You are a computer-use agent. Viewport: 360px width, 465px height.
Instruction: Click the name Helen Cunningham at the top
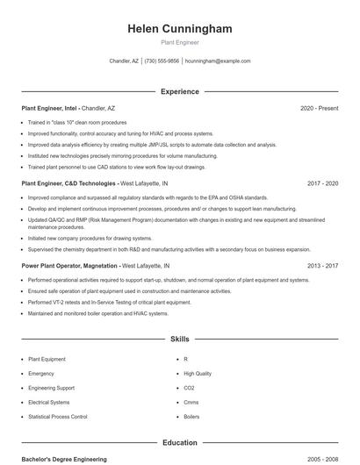pos(180,29)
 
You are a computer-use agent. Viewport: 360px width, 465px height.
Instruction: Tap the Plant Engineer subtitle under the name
pos(180,42)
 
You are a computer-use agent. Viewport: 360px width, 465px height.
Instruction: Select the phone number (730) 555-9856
pos(162,61)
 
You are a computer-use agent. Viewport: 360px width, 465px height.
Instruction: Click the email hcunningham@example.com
pos(218,61)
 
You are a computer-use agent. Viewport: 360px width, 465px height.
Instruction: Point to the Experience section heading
pos(180,91)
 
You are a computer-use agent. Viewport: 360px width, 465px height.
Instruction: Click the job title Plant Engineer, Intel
pos(49,108)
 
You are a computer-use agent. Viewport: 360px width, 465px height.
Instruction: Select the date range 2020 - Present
pos(319,108)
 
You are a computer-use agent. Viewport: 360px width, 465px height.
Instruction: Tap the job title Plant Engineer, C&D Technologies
pos(69,184)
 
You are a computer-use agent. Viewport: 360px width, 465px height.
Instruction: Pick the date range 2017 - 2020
pos(322,184)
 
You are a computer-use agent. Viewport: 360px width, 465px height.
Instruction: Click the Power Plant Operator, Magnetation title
pos(69,265)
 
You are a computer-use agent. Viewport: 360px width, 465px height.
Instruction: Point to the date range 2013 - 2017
pos(322,265)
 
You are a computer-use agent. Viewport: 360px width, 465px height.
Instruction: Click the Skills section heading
pos(180,339)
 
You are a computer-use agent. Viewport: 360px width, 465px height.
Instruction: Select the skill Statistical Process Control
pos(58,417)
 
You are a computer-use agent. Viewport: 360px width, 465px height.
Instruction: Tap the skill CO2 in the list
pos(189,388)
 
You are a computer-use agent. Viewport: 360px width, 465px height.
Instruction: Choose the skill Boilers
pos(191,417)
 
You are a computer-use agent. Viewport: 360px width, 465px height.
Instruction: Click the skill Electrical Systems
pos(49,403)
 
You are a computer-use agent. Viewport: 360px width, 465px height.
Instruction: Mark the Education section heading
pos(180,443)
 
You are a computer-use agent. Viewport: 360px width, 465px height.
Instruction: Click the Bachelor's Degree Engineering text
pos(64,459)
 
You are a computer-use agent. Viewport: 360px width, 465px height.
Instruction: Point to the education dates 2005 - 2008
pos(322,459)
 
